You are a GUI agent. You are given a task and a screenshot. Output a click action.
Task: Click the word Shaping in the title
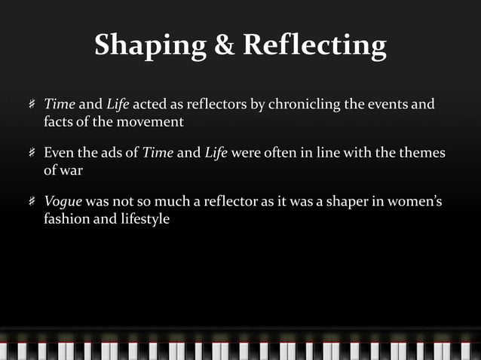(x=149, y=47)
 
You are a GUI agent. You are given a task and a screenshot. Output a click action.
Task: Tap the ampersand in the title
(x=225, y=47)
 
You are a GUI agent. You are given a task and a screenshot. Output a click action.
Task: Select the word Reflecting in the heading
(x=315, y=47)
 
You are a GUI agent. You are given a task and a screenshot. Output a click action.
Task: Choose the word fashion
(x=66, y=221)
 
